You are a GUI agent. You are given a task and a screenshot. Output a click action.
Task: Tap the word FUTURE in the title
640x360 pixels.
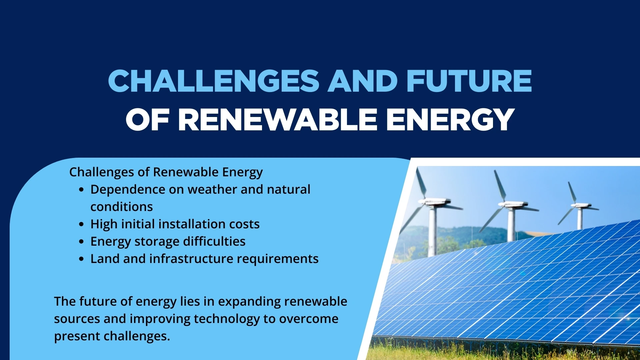point(469,81)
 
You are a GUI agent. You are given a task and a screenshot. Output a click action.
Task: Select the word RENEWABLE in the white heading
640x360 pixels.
point(278,120)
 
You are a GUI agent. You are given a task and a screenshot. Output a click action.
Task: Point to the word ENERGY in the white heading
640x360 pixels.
point(450,120)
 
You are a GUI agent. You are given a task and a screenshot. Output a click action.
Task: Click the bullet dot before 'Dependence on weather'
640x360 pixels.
point(82,190)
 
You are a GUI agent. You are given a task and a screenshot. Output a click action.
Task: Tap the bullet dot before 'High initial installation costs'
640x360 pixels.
point(82,225)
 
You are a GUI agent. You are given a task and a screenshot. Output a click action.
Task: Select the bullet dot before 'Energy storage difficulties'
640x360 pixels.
point(82,242)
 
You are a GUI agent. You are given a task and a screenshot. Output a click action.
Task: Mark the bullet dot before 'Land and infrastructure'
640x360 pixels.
point(82,259)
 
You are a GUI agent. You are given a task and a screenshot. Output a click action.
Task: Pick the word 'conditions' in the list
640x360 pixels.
point(122,207)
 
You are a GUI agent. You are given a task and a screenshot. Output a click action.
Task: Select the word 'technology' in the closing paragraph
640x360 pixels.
point(227,319)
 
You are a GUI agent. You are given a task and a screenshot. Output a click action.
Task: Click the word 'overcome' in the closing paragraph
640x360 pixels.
point(309,319)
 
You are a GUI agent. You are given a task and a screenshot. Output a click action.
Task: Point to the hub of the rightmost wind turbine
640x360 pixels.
point(575,205)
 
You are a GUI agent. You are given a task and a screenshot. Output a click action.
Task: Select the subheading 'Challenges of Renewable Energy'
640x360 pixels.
point(166,172)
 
